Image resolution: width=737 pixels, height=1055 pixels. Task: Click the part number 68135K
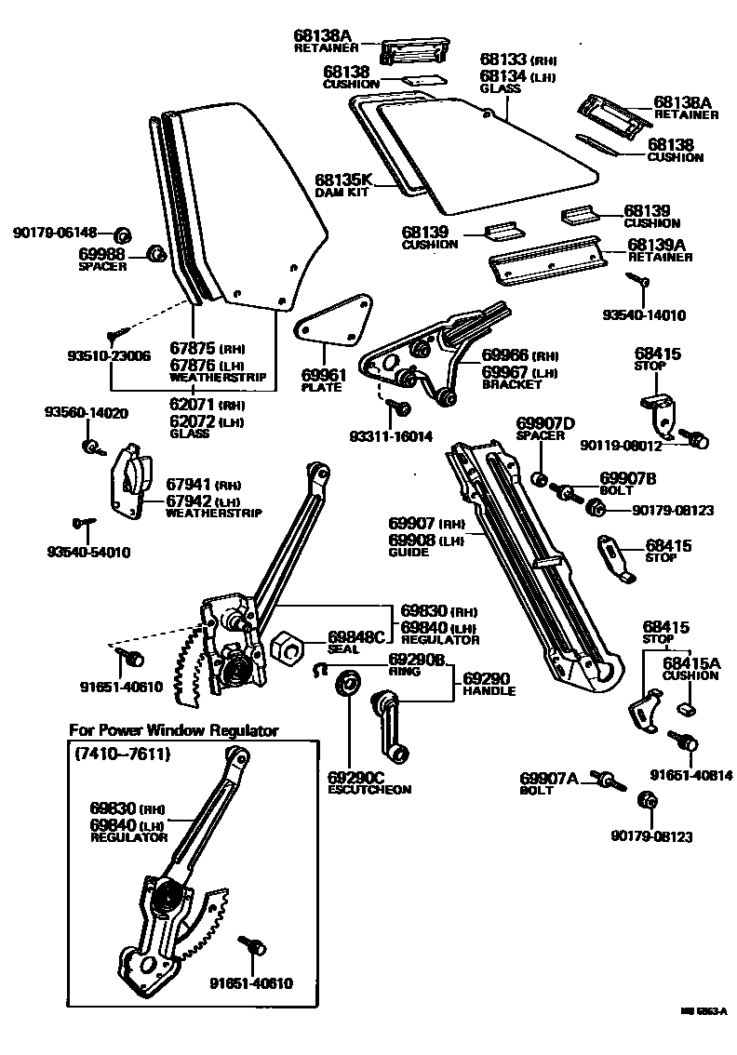tap(343, 180)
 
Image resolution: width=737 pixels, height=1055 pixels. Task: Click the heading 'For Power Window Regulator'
tap(174, 731)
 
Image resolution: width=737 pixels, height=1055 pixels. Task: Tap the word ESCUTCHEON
tap(369, 790)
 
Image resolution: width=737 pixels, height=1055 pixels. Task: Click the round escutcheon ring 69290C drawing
tap(349, 683)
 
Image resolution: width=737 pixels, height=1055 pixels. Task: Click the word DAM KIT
tap(342, 193)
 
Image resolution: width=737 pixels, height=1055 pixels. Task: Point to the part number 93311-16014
tap(391, 436)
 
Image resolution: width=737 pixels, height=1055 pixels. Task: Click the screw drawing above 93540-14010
tap(640, 280)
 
